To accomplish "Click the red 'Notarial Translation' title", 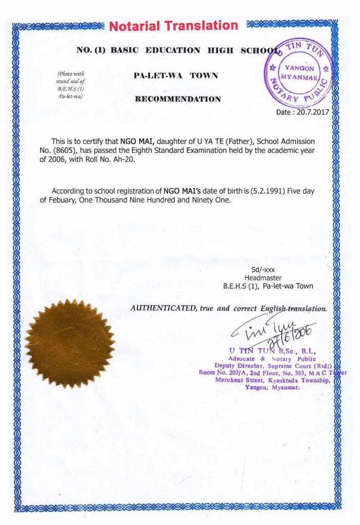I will (174, 26).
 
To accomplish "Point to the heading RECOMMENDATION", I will (177, 99).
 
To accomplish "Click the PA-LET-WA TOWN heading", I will (175, 75).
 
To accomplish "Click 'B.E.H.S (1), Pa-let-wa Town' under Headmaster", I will (268, 287).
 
